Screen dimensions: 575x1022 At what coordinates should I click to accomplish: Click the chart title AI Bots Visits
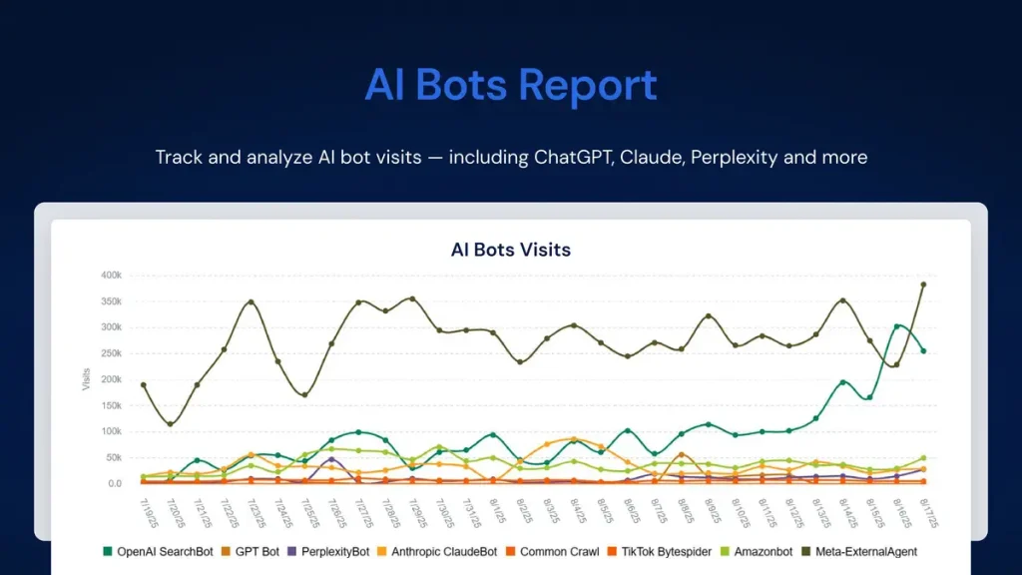(510, 249)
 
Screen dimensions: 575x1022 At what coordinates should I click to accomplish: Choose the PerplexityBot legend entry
(333, 550)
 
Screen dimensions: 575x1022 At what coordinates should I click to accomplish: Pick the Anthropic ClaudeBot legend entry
(443, 550)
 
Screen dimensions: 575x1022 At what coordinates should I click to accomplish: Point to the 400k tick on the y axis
(109, 275)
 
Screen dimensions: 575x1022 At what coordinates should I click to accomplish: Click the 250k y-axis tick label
(109, 353)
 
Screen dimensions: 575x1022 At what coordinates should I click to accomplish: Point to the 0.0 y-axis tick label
(112, 484)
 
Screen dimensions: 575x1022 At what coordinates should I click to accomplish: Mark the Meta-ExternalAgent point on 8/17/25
(923, 285)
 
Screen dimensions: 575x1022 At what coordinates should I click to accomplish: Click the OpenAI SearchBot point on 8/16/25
(897, 325)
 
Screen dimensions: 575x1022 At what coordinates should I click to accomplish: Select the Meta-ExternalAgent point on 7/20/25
(170, 424)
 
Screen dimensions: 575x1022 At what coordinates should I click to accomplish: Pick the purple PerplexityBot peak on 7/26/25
(331, 459)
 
